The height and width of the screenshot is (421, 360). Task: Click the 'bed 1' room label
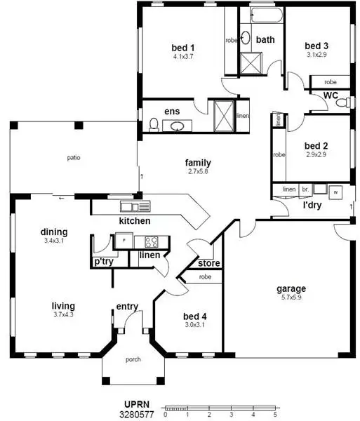(182, 48)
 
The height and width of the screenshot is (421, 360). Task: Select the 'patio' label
(74, 157)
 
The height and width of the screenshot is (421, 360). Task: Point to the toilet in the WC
(342, 103)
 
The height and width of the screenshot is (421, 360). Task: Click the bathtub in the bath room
(262, 15)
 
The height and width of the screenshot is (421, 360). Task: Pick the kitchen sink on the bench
(131, 206)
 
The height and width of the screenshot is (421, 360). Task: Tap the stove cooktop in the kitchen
(151, 241)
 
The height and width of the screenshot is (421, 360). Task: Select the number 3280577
(135, 415)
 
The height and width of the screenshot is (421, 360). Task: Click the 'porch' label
(133, 360)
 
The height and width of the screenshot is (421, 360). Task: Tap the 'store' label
(209, 264)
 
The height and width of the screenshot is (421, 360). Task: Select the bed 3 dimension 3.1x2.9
(316, 53)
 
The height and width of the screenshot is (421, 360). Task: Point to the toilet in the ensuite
(153, 125)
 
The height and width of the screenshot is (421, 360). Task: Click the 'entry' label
(127, 306)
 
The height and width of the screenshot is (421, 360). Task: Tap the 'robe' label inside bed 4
(206, 277)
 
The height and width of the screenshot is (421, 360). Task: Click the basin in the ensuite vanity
(179, 126)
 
